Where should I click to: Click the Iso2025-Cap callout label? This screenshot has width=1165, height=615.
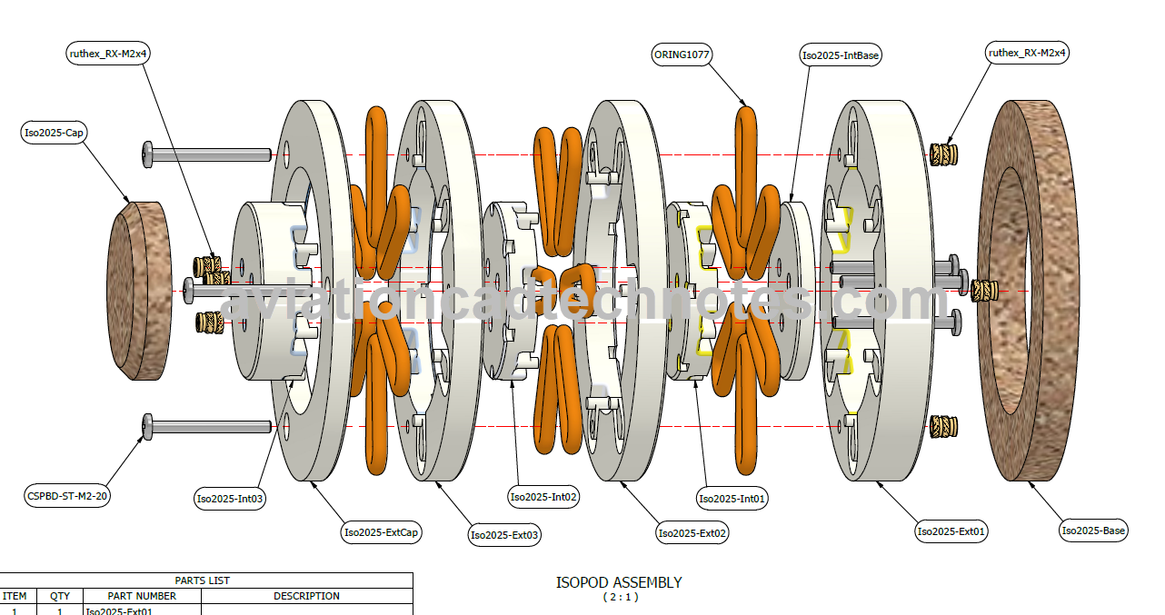click(x=55, y=133)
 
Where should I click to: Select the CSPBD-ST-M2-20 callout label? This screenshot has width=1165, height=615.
click(x=67, y=496)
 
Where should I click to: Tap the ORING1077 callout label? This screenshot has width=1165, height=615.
click(x=682, y=55)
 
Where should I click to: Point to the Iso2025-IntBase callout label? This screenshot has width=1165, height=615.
click(x=841, y=55)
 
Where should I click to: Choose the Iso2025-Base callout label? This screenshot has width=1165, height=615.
click(x=1094, y=531)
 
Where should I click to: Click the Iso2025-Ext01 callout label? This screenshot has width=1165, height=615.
click(x=951, y=531)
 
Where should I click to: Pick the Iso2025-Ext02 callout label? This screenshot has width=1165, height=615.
click(x=692, y=533)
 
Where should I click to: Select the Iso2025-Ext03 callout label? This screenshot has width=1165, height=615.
click(x=504, y=535)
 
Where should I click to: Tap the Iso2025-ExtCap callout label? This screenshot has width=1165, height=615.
click(x=382, y=532)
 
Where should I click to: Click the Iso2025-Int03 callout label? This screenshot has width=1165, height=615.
click(x=231, y=498)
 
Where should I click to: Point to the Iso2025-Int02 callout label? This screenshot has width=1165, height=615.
click(x=544, y=496)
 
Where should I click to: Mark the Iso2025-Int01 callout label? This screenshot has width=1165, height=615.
click(x=732, y=498)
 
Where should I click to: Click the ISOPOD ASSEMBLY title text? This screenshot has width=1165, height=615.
click(x=619, y=582)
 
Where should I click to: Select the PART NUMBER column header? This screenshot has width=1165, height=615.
click(x=142, y=596)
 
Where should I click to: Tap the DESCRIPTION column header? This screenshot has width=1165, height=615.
click(x=306, y=596)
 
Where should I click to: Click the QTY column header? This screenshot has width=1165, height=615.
click(x=60, y=596)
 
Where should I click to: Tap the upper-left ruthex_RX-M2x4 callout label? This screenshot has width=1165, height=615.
click(x=109, y=54)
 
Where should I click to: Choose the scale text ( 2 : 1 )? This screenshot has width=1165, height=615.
click(x=621, y=597)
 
